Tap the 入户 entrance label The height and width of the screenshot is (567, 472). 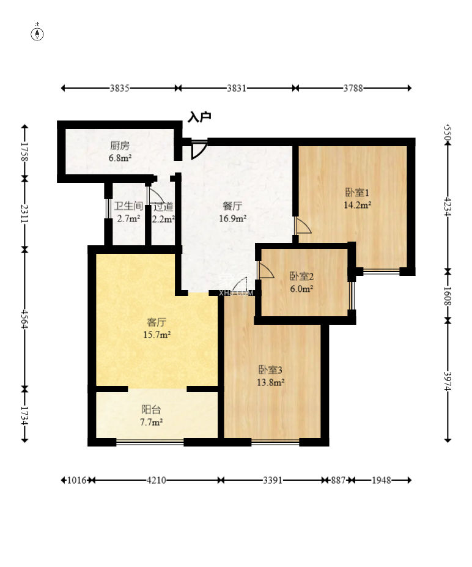tap(199, 117)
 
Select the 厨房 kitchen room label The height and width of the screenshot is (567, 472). tap(120, 146)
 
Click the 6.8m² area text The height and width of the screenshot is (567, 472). tap(120, 158)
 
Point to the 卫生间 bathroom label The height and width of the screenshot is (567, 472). tap(128, 206)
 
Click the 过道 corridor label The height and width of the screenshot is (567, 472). tap(163, 207)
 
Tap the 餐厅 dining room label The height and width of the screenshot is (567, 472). tap(232, 206)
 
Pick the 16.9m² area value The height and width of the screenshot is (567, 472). tap(233, 218)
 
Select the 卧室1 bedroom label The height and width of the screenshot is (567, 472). tap(357, 193)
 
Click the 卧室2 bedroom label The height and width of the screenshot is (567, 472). tap(301, 276)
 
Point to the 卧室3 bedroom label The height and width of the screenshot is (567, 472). tap(270, 369)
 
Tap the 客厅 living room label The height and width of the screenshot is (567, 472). tap(157, 322)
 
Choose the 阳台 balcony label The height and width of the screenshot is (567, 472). tap(151, 410)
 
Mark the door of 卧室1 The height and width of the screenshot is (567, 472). tap(303, 226)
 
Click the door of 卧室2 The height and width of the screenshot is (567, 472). tap(265, 270)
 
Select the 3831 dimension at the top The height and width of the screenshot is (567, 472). tap(237, 88)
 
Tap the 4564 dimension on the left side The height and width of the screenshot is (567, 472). tap(24, 319)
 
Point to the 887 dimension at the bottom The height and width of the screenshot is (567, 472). tap(338, 480)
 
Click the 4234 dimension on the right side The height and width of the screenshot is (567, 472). tap(448, 207)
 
